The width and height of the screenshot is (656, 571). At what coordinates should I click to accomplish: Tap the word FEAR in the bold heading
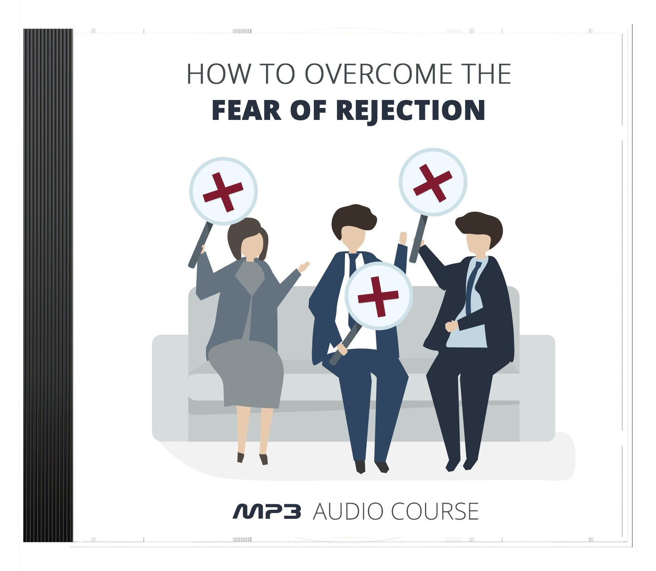point(246,110)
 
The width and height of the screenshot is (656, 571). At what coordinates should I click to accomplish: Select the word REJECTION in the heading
point(410,110)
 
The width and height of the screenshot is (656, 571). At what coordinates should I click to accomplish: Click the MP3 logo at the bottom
point(267,511)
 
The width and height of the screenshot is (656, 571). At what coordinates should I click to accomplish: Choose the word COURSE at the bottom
point(434,511)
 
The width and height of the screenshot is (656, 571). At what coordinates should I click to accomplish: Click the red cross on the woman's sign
point(223,192)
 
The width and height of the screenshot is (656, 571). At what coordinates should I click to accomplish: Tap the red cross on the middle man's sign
point(378,296)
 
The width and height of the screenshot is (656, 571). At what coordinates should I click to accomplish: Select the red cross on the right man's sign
point(433,183)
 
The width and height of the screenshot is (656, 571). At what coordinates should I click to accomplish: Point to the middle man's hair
point(353,218)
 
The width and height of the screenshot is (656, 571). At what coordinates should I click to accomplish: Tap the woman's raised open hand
point(303,267)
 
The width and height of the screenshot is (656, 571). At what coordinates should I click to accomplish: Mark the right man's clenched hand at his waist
point(451,326)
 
